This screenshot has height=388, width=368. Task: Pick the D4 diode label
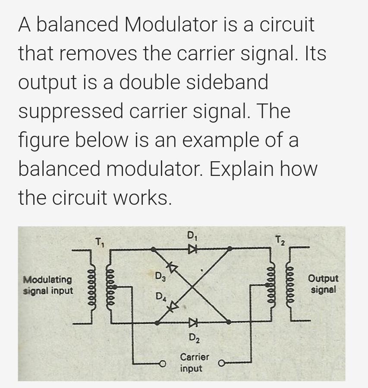[160, 297]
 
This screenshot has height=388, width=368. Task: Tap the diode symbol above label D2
[192, 322]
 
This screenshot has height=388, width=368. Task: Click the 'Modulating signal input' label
[47, 285]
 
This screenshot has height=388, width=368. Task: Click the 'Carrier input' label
[194, 363]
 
